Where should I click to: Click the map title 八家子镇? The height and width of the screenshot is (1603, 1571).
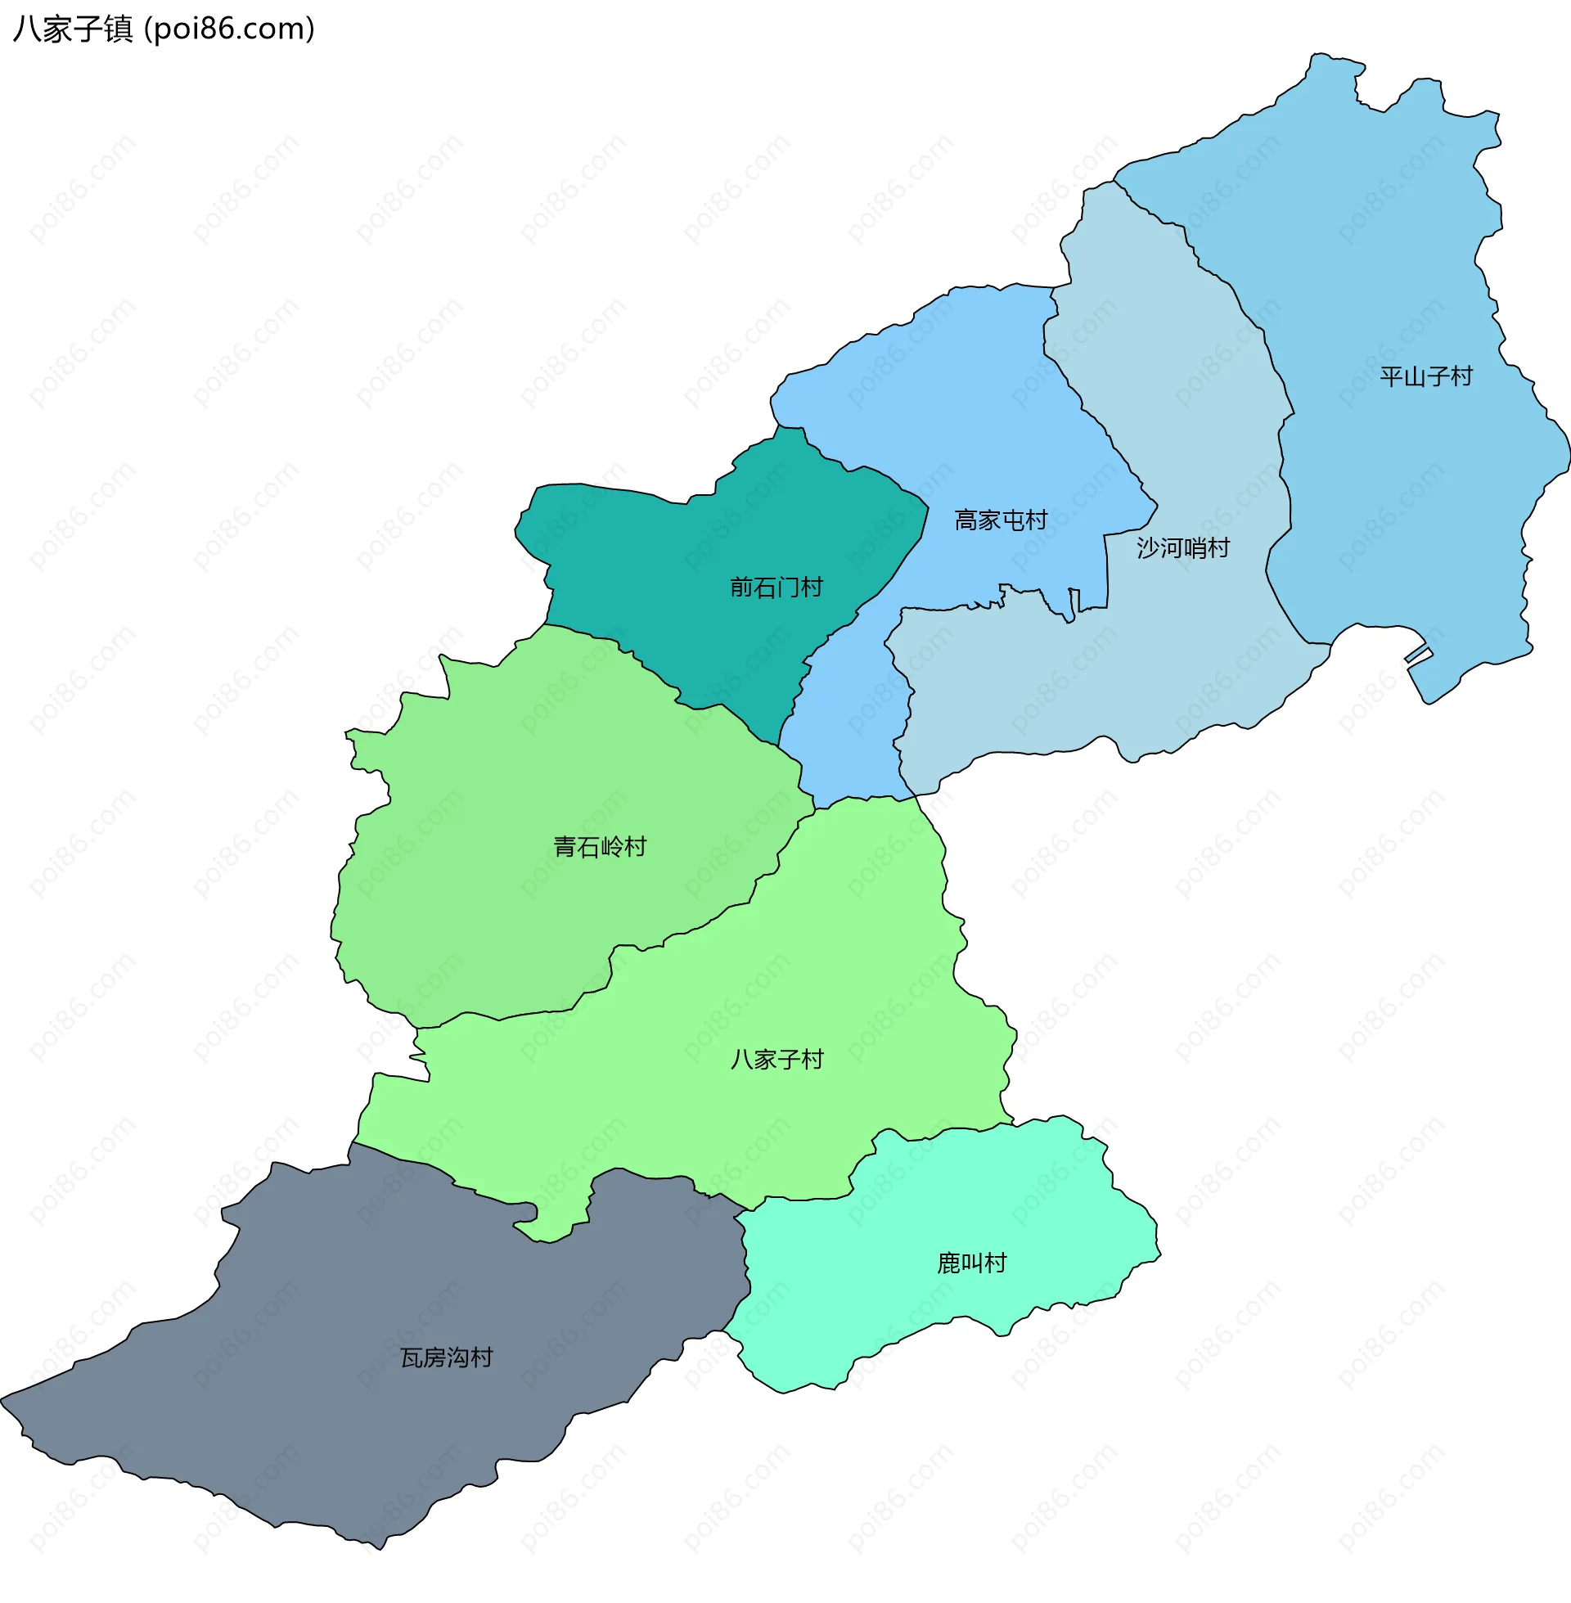[x=73, y=29]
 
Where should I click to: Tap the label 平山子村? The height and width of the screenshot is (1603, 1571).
[x=1426, y=377]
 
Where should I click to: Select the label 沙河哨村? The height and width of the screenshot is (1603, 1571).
[x=1182, y=547]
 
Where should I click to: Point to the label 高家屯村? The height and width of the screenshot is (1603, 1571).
[x=1000, y=520]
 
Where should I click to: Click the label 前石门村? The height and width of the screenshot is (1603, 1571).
[x=776, y=588]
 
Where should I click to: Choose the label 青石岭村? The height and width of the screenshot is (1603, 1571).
[x=599, y=847]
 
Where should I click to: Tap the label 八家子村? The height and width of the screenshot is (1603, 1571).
[x=776, y=1060]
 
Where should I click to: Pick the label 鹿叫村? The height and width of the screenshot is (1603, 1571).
[x=971, y=1263]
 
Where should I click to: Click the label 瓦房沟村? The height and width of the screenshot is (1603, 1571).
[x=447, y=1358]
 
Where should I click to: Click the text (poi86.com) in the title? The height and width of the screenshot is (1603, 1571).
[x=229, y=29]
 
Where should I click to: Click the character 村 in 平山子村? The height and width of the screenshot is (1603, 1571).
[x=1461, y=377]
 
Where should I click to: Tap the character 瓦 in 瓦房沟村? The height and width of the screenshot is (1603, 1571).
[x=412, y=1358]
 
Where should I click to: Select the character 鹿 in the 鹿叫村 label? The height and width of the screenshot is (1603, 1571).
[x=948, y=1263]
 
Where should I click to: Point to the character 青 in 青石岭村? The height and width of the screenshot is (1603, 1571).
[x=565, y=847]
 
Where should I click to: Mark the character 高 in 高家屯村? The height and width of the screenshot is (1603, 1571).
[x=966, y=520]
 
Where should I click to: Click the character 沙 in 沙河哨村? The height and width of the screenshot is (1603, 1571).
[x=1148, y=547]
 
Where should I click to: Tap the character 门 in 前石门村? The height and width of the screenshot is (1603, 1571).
[x=787, y=588]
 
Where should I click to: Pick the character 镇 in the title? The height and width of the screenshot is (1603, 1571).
[x=118, y=29]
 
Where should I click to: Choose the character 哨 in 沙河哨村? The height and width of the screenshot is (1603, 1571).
[x=1194, y=547]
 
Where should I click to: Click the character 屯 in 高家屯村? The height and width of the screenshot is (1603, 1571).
[x=1011, y=520]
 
